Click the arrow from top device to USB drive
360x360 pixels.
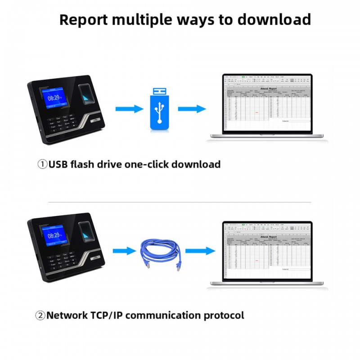pos(129,109)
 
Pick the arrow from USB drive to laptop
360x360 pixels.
pos(192,109)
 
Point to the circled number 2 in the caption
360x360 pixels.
pos(41,315)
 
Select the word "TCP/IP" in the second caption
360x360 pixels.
pos(104,315)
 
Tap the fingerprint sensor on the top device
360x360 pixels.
pos(86,93)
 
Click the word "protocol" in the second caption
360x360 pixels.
pos(224,315)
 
